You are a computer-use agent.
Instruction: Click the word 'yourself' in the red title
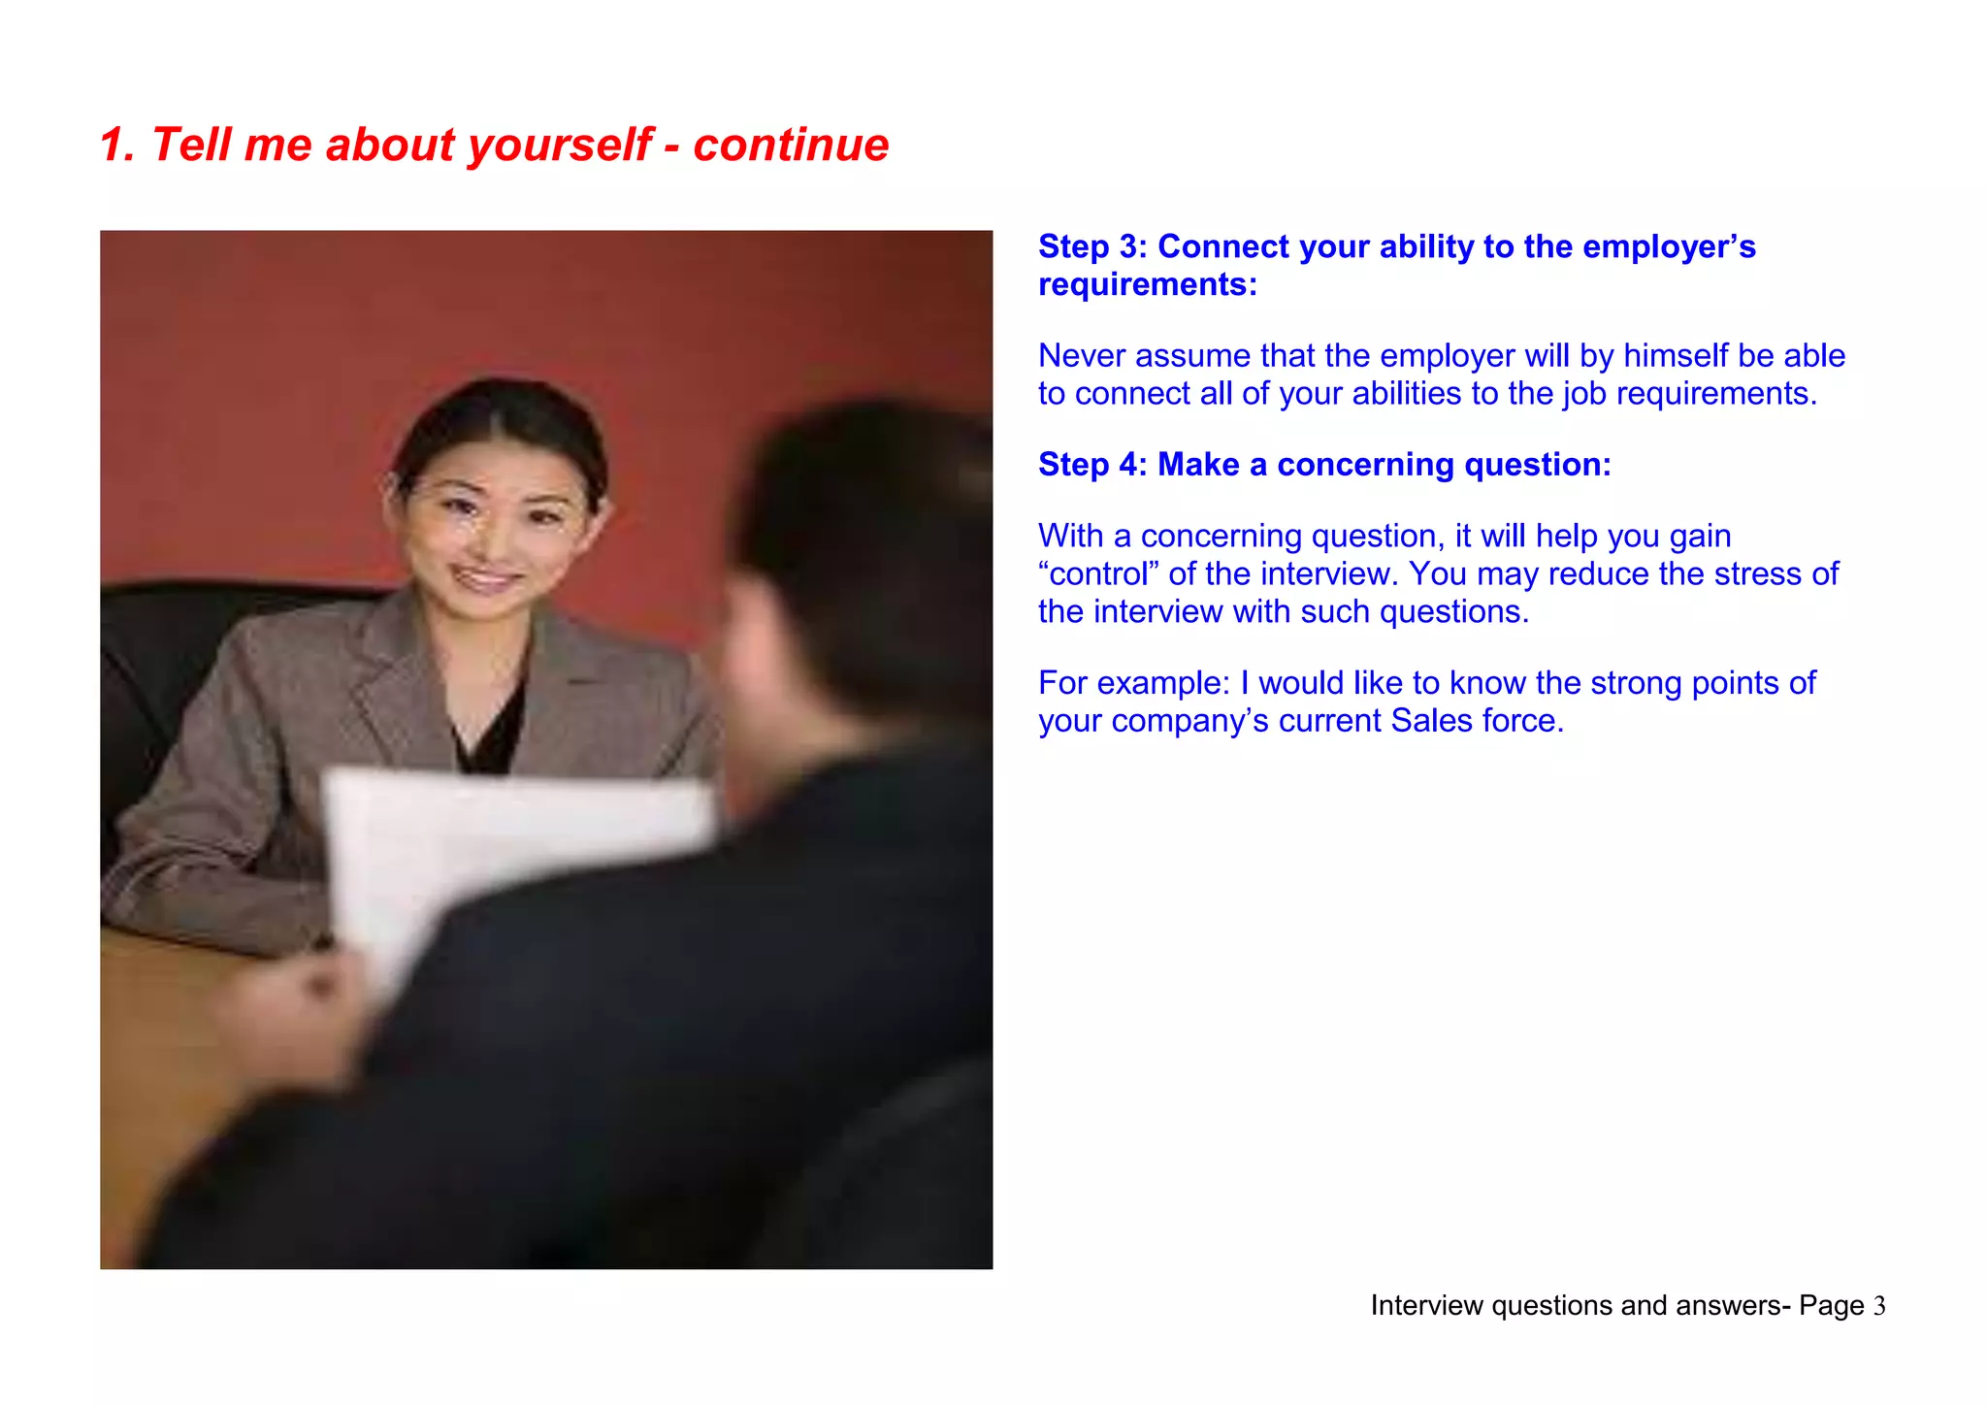click(x=560, y=146)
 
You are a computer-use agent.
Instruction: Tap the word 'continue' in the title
click(x=791, y=146)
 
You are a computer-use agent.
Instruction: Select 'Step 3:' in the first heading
click(x=1092, y=246)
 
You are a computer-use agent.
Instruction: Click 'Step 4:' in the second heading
click(x=1092, y=465)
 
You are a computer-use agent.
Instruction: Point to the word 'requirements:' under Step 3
click(x=1147, y=284)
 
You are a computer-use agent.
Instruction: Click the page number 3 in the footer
click(x=1879, y=1306)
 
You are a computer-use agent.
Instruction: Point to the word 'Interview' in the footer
click(x=1426, y=1306)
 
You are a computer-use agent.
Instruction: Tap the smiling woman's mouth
click(x=484, y=579)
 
